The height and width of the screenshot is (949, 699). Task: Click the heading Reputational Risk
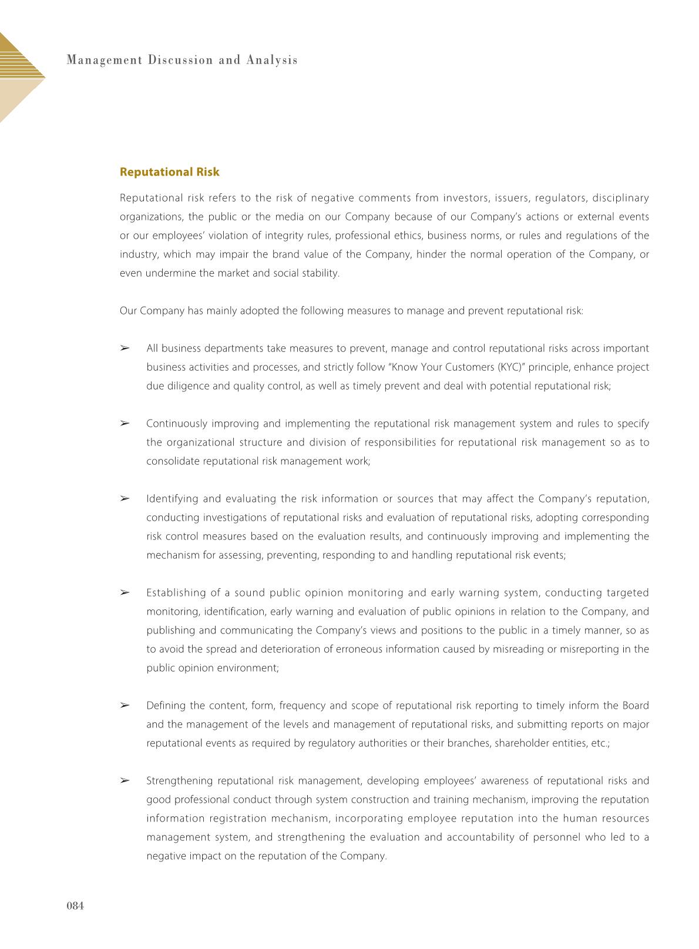[169, 172]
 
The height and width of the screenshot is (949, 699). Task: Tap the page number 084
[75, 906]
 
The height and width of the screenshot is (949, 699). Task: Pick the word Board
[636, 706]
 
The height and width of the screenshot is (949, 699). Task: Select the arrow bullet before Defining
[125, 705]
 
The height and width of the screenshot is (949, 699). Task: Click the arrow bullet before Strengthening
[125, 780]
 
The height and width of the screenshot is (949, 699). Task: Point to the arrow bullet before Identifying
[125, 498]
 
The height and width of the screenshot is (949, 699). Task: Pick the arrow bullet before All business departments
[125, 348]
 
